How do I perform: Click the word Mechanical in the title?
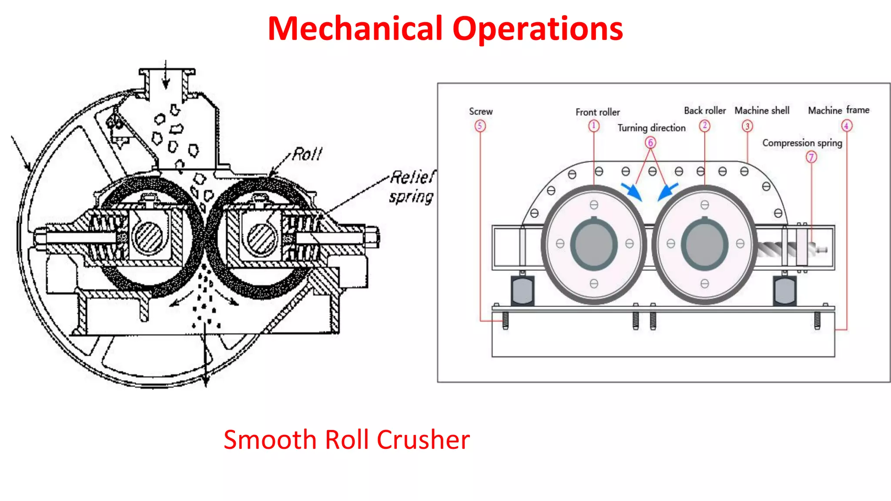(x=355, y=29)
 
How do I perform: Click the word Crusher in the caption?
(x=423, y=440)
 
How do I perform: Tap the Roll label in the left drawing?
(x=307, y=154)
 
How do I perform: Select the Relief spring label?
(x=412, y=187)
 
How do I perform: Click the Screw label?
(x=481, y=111)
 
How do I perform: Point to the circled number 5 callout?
(x=480, y=126)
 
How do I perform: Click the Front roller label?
(x=597, y=112)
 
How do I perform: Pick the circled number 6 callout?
(x=650, y=142)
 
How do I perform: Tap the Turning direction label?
(x=651, y=128)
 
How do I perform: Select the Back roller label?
(x=704, y=111)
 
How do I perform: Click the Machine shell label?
(x=762, y=111)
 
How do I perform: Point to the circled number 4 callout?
(x=846, y=126)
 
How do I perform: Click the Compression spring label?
(x=802, y=143)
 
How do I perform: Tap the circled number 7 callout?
(x=811, y=157)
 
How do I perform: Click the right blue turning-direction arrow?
(x=667, y=191)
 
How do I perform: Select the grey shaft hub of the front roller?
(x=594, y=244)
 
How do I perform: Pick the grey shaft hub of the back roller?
(x=704, y=244)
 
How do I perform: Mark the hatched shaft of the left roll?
(x=148, y=237)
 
